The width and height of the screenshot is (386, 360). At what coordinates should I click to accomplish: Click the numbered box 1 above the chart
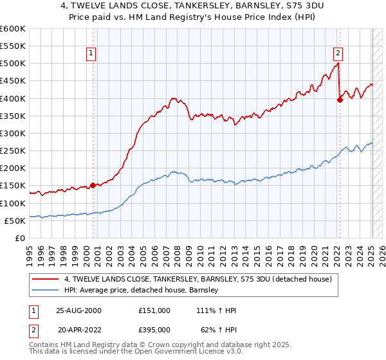click(x=92, y=53)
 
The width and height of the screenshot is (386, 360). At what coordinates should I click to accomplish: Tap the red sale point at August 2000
click(x=93, y=185)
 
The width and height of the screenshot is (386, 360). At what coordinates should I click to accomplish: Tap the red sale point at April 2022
click(x=340, y=100)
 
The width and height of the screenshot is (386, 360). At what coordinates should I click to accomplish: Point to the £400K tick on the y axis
click(x=13, y=98)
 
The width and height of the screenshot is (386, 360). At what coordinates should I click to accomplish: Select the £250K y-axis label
click(x=13, y=151)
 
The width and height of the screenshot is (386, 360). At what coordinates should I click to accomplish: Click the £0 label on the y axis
click(x=19, y=238)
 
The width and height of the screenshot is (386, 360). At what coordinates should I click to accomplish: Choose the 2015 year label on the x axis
click(x=256, y=251)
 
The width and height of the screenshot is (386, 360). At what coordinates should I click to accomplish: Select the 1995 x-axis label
click(x=29, y=251)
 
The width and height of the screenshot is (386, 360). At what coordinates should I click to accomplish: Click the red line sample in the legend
click(x=46, y=279)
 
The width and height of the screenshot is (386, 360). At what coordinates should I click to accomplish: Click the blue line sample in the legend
click(x=46, y=290)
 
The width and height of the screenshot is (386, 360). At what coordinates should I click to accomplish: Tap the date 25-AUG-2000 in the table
click(x=78, y=310)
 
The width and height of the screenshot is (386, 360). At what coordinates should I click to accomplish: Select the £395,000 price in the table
click(x=154, y=329)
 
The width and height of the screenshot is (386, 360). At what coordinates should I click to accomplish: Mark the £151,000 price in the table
click(x=154, y=310)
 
